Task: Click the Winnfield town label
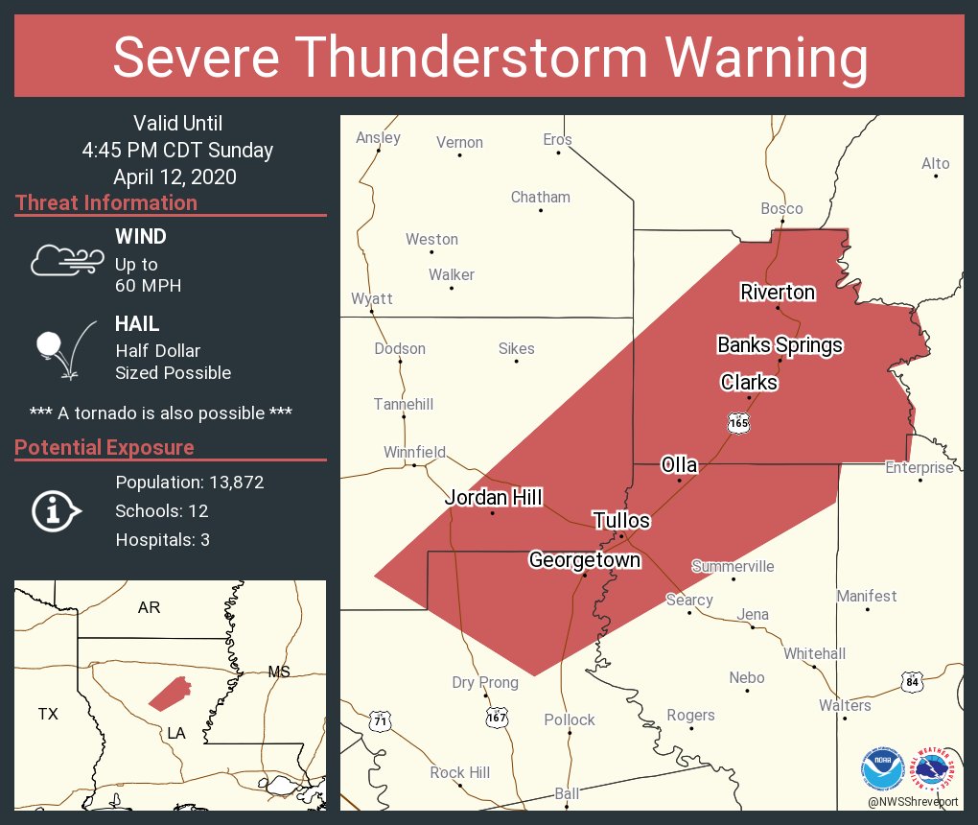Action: (414, 452)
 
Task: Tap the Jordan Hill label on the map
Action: (493, 497)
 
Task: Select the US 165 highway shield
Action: (737, 422)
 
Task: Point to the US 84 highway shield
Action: (911, 682)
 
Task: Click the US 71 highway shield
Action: (381, 719)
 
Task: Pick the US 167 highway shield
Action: (497, 717)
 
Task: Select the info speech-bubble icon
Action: (56, 510)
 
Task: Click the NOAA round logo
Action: (882, 768)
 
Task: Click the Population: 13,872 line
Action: (189, 482)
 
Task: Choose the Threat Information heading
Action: (106, 203)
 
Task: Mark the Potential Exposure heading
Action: (105, 448)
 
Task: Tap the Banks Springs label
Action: (780, 345)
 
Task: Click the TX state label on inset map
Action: (48, 714)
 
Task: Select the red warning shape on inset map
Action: (170, 693)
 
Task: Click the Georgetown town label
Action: (584, 559)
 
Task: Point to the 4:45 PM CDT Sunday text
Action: (177, 151)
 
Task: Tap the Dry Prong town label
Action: (485, 683)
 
